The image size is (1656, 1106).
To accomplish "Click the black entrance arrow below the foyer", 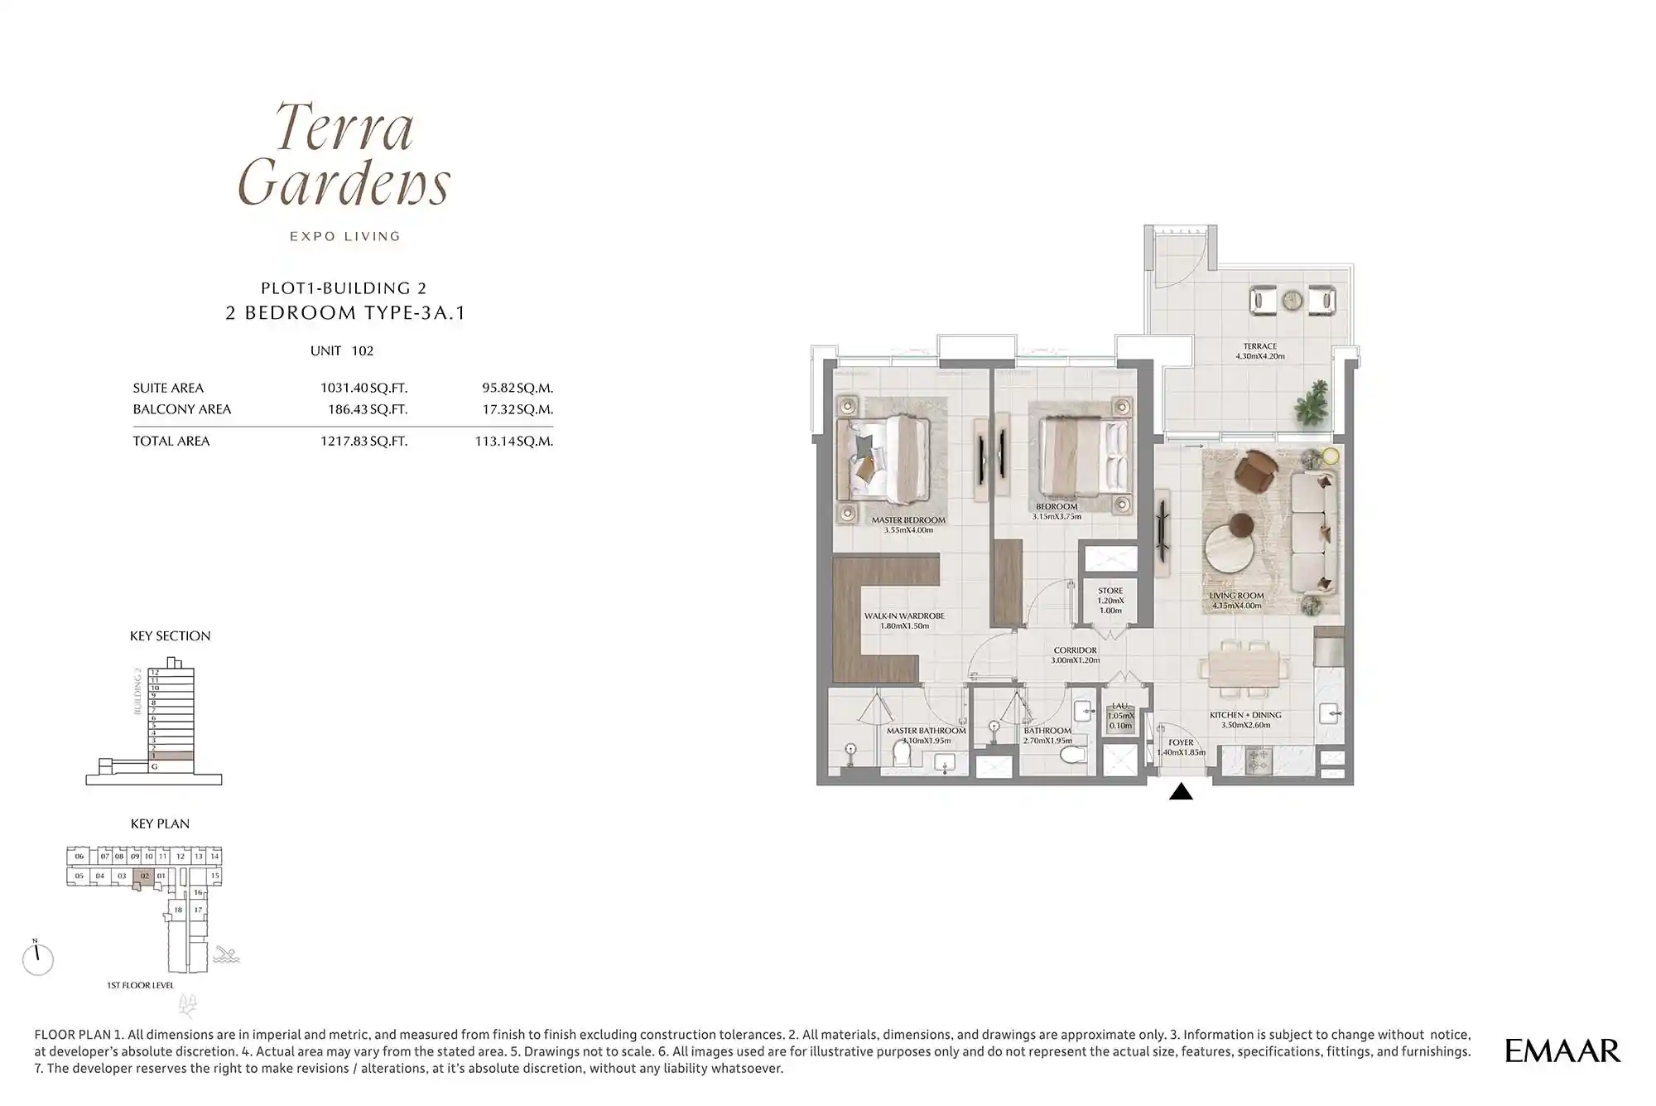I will [1181, 792].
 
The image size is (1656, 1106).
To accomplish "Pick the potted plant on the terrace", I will [1312, 403].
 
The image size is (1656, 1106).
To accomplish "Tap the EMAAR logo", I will [1562, 1050].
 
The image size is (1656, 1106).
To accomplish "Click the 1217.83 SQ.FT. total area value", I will [363, 442].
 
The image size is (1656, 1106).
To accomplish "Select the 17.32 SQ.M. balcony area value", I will [517, 409].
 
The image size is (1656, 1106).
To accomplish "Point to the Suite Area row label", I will [168, 388].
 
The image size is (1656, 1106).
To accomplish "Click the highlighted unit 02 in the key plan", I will [145, 876].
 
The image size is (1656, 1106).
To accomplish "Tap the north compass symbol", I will [37, 959].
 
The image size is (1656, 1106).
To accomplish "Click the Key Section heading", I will [170, 636].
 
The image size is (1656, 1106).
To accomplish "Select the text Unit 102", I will [341, 350].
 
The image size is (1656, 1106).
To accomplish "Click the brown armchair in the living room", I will [1256, 471].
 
